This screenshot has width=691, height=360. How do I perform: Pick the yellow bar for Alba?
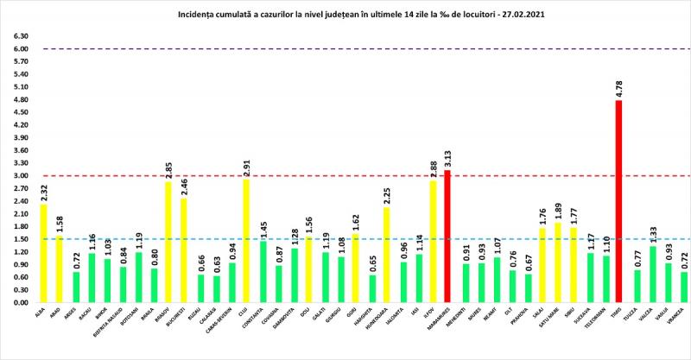pos(44,254)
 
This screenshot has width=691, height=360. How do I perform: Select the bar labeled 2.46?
pos(185,250)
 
